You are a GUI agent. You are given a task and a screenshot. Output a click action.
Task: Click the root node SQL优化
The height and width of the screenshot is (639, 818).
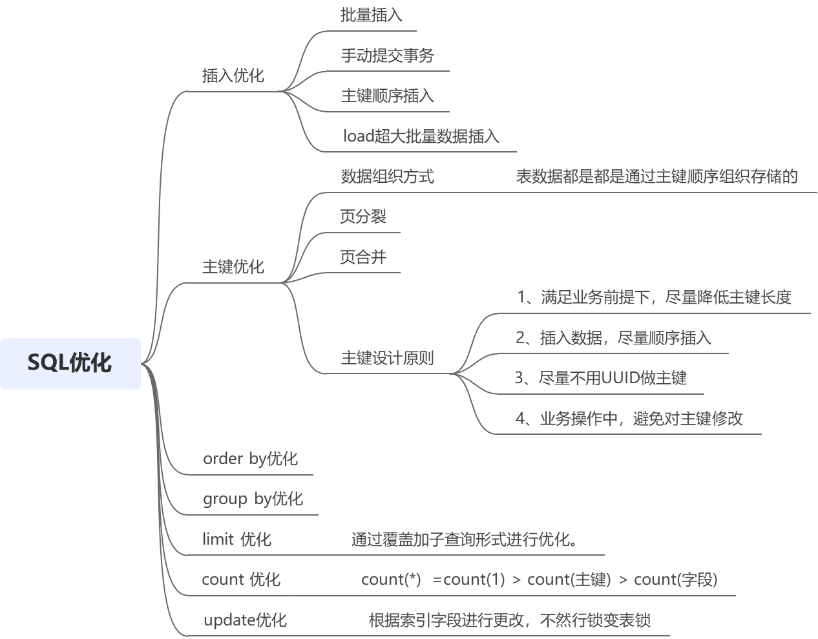pos(70,363)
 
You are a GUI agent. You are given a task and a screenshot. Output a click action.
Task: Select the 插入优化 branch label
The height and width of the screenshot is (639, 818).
pos(233,76)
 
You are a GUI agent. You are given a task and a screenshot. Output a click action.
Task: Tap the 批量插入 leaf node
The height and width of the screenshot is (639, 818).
pos(371,15)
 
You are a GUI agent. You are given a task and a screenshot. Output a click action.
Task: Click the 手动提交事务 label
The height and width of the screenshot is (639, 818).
pos(387,56)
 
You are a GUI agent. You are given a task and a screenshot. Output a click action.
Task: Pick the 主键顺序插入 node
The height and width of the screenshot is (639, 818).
pos(387,96)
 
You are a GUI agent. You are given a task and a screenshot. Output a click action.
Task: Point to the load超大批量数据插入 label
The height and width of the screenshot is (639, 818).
pos(421,136)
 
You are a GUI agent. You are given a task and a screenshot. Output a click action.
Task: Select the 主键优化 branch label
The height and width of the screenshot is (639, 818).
pos(233,266)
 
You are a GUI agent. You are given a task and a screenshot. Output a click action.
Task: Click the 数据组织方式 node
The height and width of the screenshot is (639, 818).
pos(387,176)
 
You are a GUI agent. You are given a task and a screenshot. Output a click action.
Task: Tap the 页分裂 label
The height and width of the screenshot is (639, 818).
pos(363,216)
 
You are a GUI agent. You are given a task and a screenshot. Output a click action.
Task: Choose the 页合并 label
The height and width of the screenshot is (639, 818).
pos(363,257)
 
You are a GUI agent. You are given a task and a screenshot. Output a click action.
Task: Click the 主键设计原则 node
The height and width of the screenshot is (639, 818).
pos(387,358)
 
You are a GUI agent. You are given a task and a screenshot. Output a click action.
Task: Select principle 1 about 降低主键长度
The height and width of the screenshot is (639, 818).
pos(654,297)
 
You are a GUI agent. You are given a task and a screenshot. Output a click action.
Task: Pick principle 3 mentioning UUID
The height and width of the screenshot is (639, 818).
pos(601,378)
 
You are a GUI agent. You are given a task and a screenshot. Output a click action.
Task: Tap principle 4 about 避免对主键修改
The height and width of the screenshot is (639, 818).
pos(629,419)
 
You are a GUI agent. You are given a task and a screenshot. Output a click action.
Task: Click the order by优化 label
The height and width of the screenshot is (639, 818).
pos(250,459)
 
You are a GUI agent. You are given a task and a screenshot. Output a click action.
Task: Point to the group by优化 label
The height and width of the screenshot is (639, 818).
pos(253,499)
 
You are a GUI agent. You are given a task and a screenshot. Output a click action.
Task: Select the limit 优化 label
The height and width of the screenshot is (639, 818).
pos(236,539)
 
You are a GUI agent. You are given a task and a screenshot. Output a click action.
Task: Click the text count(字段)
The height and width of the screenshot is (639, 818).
pos(676,580)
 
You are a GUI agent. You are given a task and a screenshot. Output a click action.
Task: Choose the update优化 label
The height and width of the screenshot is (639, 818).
pos(245,620)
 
